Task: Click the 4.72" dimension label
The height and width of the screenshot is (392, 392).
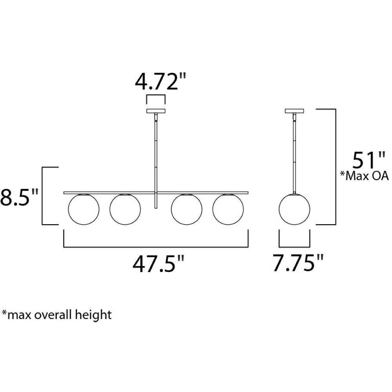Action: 160,81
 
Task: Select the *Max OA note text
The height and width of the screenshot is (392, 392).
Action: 364,176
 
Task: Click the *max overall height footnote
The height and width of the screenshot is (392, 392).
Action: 57,314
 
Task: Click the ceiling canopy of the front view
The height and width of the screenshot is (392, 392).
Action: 156,111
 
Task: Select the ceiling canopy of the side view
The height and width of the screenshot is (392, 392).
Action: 294,111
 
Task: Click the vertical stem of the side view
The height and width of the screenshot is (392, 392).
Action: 294,153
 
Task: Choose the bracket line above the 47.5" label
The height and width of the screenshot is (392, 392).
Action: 156,247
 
